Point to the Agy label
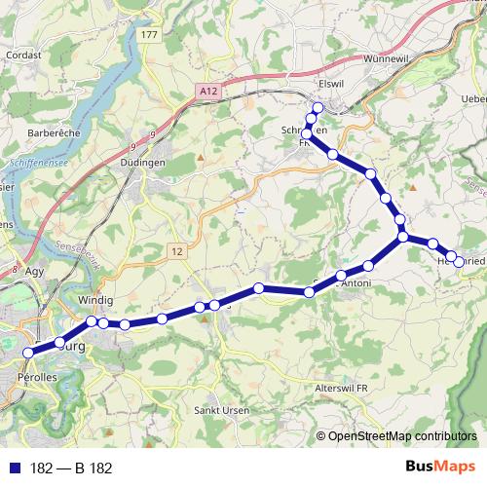36,272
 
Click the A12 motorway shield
204,91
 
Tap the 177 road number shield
148,35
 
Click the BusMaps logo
441,468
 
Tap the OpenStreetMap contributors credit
401,436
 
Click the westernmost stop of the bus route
28,352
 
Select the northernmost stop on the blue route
318,107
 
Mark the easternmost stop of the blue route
459,262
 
